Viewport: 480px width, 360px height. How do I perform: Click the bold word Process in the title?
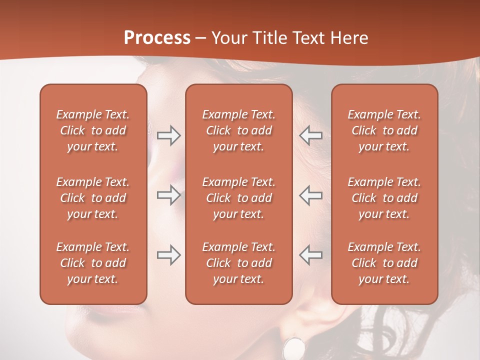click(x=157, y=38)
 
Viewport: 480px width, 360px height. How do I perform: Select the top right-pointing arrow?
click(x=169, y=135)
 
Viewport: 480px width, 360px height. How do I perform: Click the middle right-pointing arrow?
click(x=169, y=195)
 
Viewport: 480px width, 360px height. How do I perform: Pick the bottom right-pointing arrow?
click(x=169, y=255)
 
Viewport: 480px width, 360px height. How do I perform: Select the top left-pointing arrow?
click(x=310, y=135)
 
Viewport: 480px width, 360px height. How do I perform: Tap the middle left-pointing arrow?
click(x=310, y=195)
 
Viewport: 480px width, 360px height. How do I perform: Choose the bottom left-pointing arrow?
click(x=310, y=255)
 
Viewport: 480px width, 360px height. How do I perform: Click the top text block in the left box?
click(x=93, y=130)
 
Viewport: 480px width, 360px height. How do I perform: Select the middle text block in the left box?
click(x=93, y=198)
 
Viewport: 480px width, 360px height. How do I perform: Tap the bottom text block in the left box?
click(x=93, y=263)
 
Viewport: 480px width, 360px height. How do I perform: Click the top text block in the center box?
click(x=238, y=130)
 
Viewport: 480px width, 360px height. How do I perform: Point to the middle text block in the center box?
click(x=238, y=198)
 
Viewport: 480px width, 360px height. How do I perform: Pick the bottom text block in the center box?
click(x=238, y=263)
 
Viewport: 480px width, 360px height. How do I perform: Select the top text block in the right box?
click(x=384, y=130)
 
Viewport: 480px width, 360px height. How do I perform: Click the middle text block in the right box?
click(x=384, y=198)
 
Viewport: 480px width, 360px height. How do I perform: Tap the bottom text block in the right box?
click(x=384, y=263)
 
